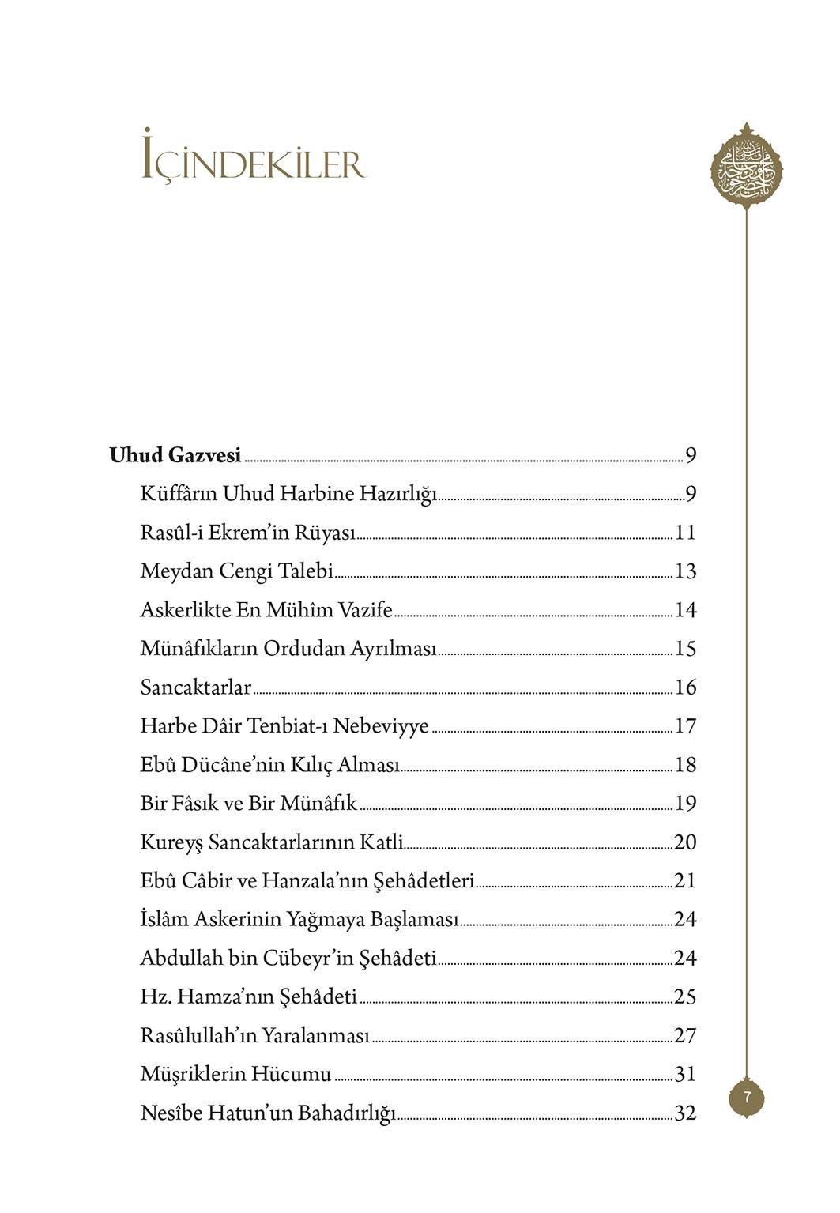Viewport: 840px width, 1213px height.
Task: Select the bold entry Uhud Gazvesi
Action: tap(175, 456)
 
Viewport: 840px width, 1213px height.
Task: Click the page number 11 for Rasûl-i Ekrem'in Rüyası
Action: tap(685, 533)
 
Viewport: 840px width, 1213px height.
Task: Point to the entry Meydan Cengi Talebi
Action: tap(236, 571)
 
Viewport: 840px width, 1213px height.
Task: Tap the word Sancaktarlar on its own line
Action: tap(195, 687)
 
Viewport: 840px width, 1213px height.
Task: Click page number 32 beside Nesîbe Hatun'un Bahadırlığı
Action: tap(685, 1113)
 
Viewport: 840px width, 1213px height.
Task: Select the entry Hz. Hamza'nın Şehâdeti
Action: tap(248, 997)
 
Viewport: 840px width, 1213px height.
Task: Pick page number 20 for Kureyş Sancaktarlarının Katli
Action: tap(685, 842)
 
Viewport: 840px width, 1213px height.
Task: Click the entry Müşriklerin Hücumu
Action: tap(235, 1075)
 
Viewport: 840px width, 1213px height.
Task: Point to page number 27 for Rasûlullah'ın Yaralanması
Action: tap(685, 1036)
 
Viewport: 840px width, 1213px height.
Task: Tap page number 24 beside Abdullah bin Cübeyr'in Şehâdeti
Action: tap(685, 959)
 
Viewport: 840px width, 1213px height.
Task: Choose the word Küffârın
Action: tap(179, 495)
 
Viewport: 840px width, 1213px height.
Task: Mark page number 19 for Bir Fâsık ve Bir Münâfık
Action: tap(685, 804)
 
